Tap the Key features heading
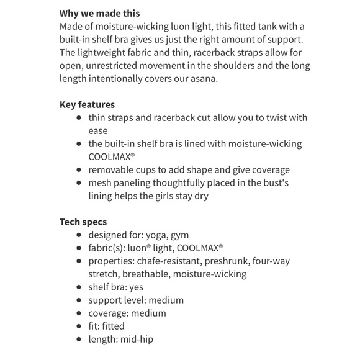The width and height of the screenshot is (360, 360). [x=87, y=104]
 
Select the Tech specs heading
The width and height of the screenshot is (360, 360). [x=83, y=222]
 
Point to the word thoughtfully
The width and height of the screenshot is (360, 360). [x=181, y=182]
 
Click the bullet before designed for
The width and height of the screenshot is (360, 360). [x=78, y=235]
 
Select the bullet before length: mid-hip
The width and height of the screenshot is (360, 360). [x=78, y=339]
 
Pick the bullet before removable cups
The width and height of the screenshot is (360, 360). [x=78, y=169]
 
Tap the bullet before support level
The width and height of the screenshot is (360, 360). [x=78, y=300]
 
